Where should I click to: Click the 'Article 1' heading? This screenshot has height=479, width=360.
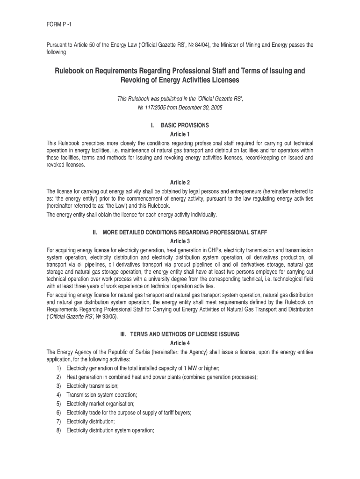click(x=180, y=134)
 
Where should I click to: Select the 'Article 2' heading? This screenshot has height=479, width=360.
click(x=180, y=182)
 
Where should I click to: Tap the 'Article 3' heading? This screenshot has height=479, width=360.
click(x=180, y=241)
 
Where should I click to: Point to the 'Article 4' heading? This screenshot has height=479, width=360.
click(x=180, y=343)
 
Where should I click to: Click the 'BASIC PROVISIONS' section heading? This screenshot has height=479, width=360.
click(x=185, y=125)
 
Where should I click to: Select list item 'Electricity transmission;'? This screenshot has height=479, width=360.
click(x=93, y=386)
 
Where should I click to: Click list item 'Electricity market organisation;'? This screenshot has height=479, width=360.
click(x=101, y=404)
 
